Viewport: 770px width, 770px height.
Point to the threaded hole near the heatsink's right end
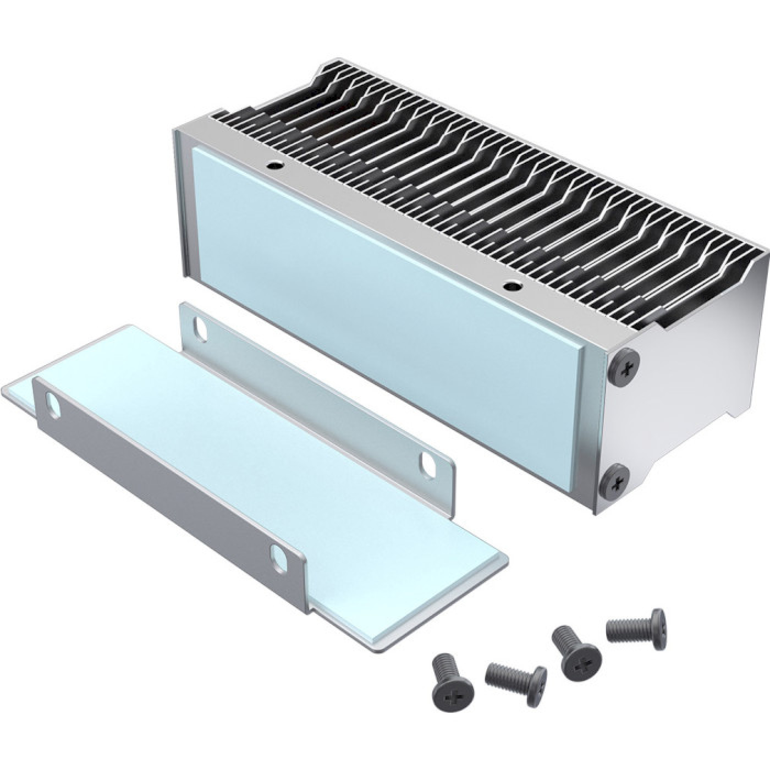[x=513, y=286]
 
